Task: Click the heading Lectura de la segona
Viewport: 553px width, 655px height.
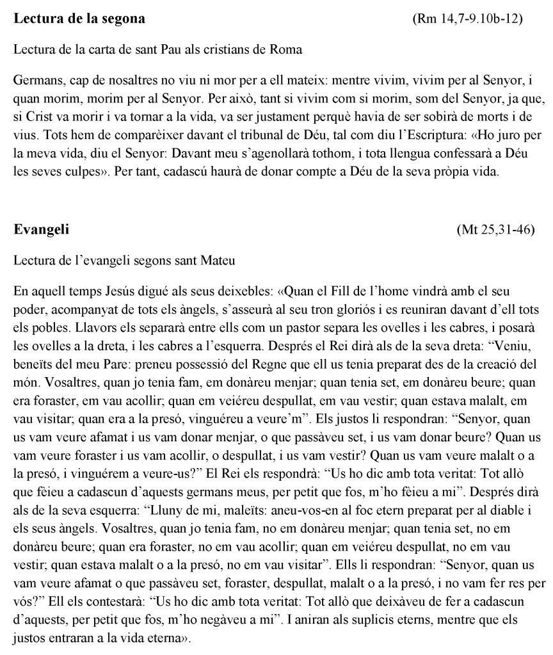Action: click(x=79, y=19)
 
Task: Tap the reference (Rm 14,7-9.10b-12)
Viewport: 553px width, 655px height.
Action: click(x=469, y=19)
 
